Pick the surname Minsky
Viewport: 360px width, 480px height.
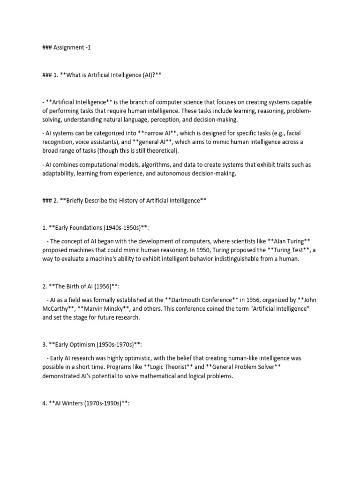[118, 309]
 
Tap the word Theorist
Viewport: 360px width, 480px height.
[174, 367]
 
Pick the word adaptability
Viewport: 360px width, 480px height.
[61, 173]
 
